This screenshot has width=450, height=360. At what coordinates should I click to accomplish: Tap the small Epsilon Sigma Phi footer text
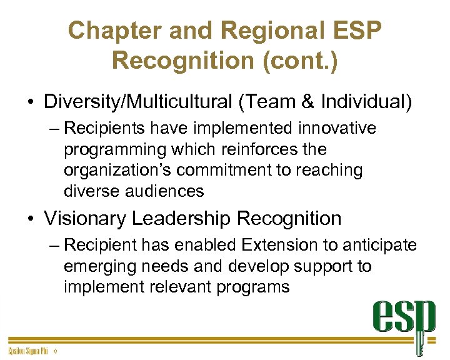coord(28,352)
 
